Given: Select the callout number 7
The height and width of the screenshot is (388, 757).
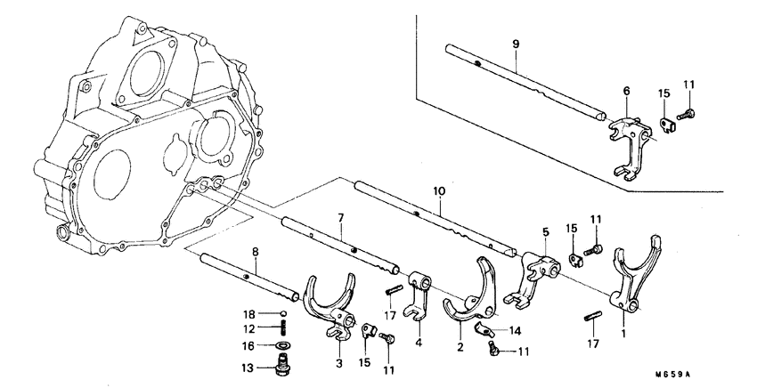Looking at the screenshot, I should click(340, 218).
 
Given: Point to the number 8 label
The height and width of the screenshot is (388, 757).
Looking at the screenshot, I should click(256, 252).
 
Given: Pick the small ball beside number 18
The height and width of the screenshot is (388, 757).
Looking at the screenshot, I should click(282, 314).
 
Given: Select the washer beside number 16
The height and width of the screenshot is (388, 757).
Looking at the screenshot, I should click(282, 345).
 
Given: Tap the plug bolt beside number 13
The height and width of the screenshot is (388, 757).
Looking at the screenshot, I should click(283, 367).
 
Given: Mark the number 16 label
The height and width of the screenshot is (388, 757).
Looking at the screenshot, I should click(252, 345).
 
